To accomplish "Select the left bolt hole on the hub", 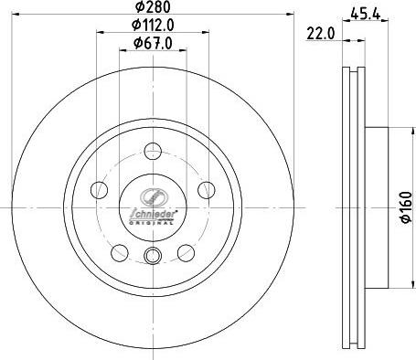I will pos(99,188).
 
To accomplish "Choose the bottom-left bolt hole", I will pos(119,252).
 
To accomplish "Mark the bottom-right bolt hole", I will pos(187,252).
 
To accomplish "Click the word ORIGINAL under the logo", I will pos(153,220).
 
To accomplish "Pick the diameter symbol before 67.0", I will pos(137,42).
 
